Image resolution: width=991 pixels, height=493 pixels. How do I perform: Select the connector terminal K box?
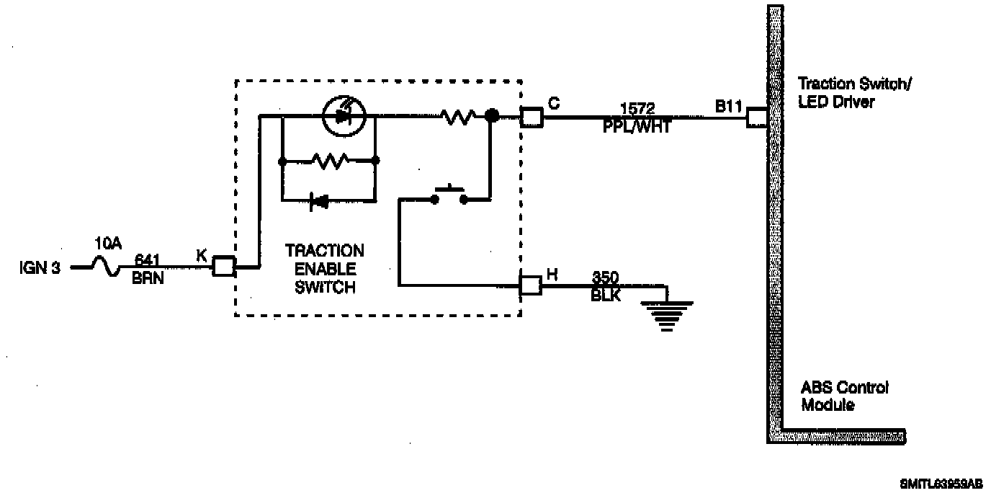point(223,267)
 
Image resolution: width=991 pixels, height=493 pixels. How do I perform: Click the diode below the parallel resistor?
point(318,201)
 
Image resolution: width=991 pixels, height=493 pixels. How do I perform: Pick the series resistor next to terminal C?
point(458,115)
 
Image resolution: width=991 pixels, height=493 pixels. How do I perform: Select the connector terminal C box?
point(532,116)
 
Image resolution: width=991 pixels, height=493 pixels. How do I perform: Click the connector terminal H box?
point(531,285)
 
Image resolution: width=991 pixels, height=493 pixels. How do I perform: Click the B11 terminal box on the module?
point(757,116)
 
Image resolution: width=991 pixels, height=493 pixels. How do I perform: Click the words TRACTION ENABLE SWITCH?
point(324,269)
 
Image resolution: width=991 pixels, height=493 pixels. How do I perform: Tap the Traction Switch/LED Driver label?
point(854,93)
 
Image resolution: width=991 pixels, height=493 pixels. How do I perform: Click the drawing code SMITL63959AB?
point(940,484)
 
